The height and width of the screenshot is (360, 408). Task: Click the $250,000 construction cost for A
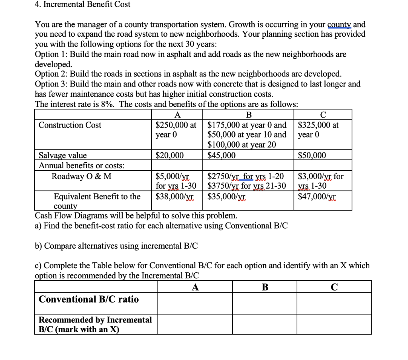click(175, 125)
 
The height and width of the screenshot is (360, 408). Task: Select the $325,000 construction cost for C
click(318, 125)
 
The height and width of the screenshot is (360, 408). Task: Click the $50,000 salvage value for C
click(312, 155)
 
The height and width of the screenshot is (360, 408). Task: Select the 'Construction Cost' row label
click(70, 125)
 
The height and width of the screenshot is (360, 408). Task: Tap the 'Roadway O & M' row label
click(82, 176)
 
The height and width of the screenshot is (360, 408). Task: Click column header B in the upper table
click(249, 115)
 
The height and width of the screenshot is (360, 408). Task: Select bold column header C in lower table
click(334, 287)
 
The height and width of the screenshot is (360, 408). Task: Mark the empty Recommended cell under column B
click(265, 324)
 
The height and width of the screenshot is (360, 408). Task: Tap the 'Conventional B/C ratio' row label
click(88, 299)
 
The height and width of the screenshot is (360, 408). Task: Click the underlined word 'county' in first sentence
click(339, 24)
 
